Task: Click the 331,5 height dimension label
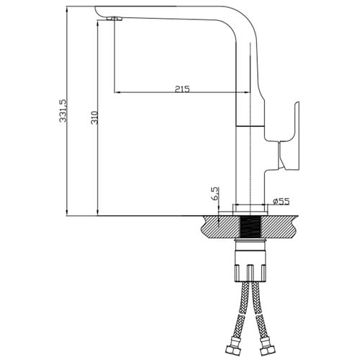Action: (x=63, y=111)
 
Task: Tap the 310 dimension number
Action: (x=94, y=117)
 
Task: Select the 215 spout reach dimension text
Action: (x=182, y=89)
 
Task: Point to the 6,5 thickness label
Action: (x=215, y=194)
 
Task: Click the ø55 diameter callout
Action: (x=281, y=201)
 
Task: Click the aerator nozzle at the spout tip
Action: (x=114, y=19)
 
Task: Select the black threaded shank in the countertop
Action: (x=250, y=226)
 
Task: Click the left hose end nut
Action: (x=232, y=351)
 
